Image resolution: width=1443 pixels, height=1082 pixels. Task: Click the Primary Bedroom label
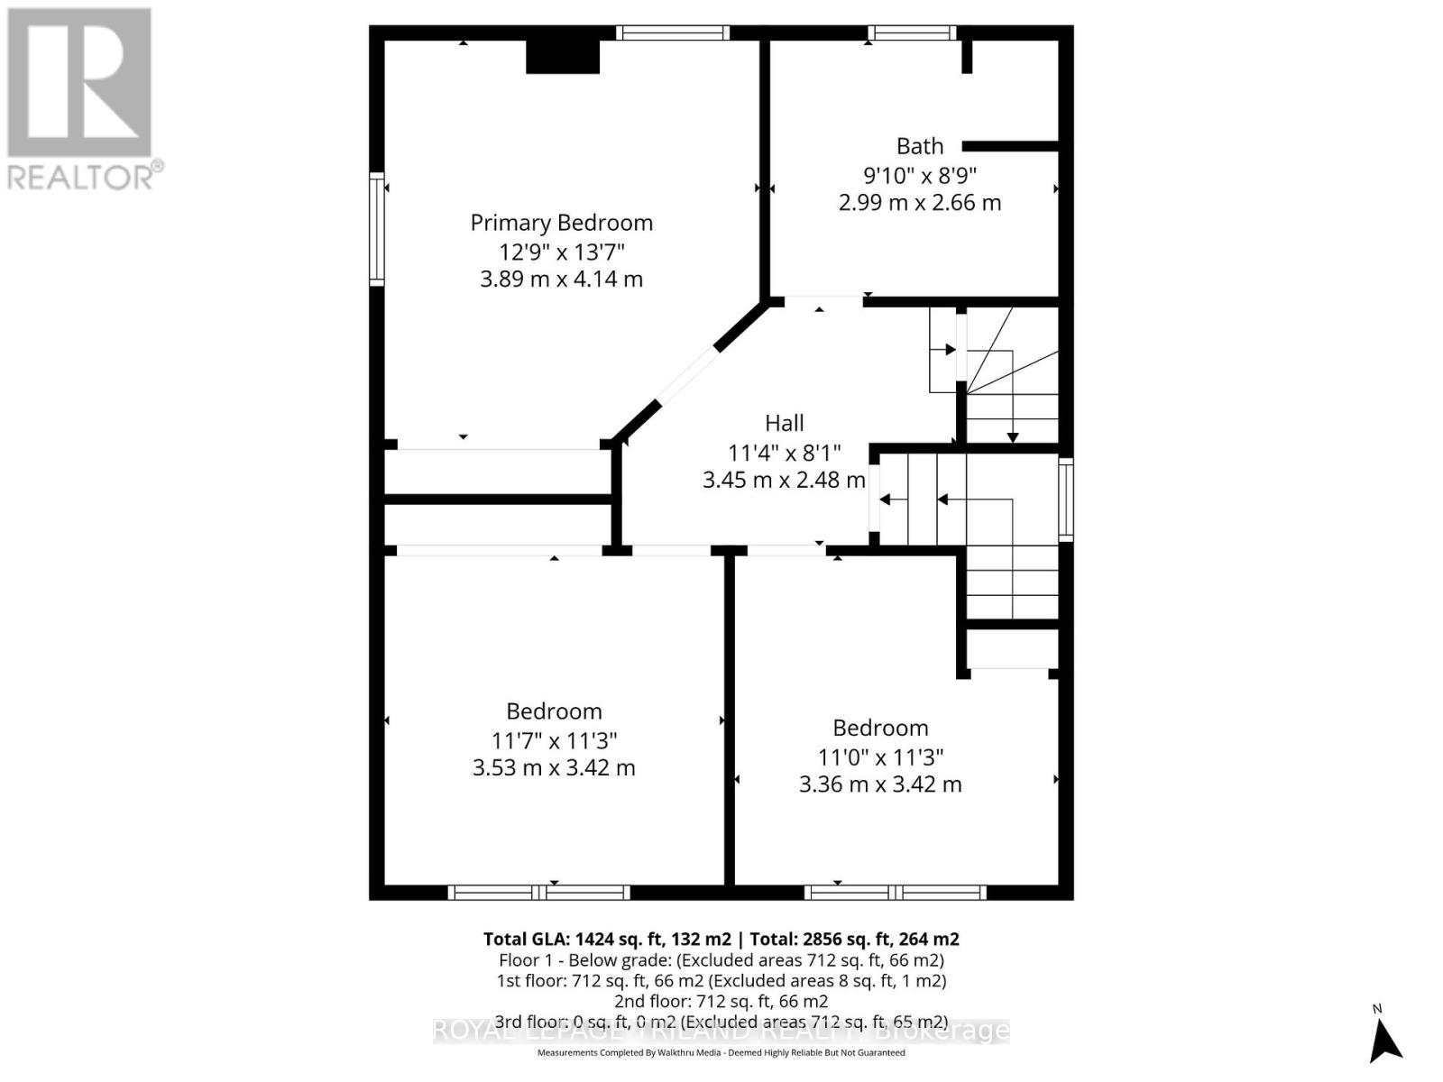561,223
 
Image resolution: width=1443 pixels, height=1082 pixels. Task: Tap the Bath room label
919,146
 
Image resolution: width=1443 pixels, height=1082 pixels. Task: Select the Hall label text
784,423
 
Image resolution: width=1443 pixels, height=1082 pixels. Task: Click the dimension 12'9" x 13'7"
561,251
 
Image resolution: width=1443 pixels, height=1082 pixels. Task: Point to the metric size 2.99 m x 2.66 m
919,203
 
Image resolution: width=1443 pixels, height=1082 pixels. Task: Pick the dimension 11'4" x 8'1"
784,452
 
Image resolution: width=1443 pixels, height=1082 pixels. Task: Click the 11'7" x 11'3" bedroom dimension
554,740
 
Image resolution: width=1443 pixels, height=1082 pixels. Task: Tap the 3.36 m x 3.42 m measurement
880,784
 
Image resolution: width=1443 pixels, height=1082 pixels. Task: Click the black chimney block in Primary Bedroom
563,57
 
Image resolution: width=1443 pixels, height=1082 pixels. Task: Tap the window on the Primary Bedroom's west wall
377,230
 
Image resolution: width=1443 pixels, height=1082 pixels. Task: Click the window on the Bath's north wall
911,33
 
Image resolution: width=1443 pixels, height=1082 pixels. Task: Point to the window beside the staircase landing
1066,500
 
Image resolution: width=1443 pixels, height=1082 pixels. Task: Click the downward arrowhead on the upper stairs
1012,437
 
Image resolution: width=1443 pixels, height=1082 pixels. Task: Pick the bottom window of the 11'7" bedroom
538,893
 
